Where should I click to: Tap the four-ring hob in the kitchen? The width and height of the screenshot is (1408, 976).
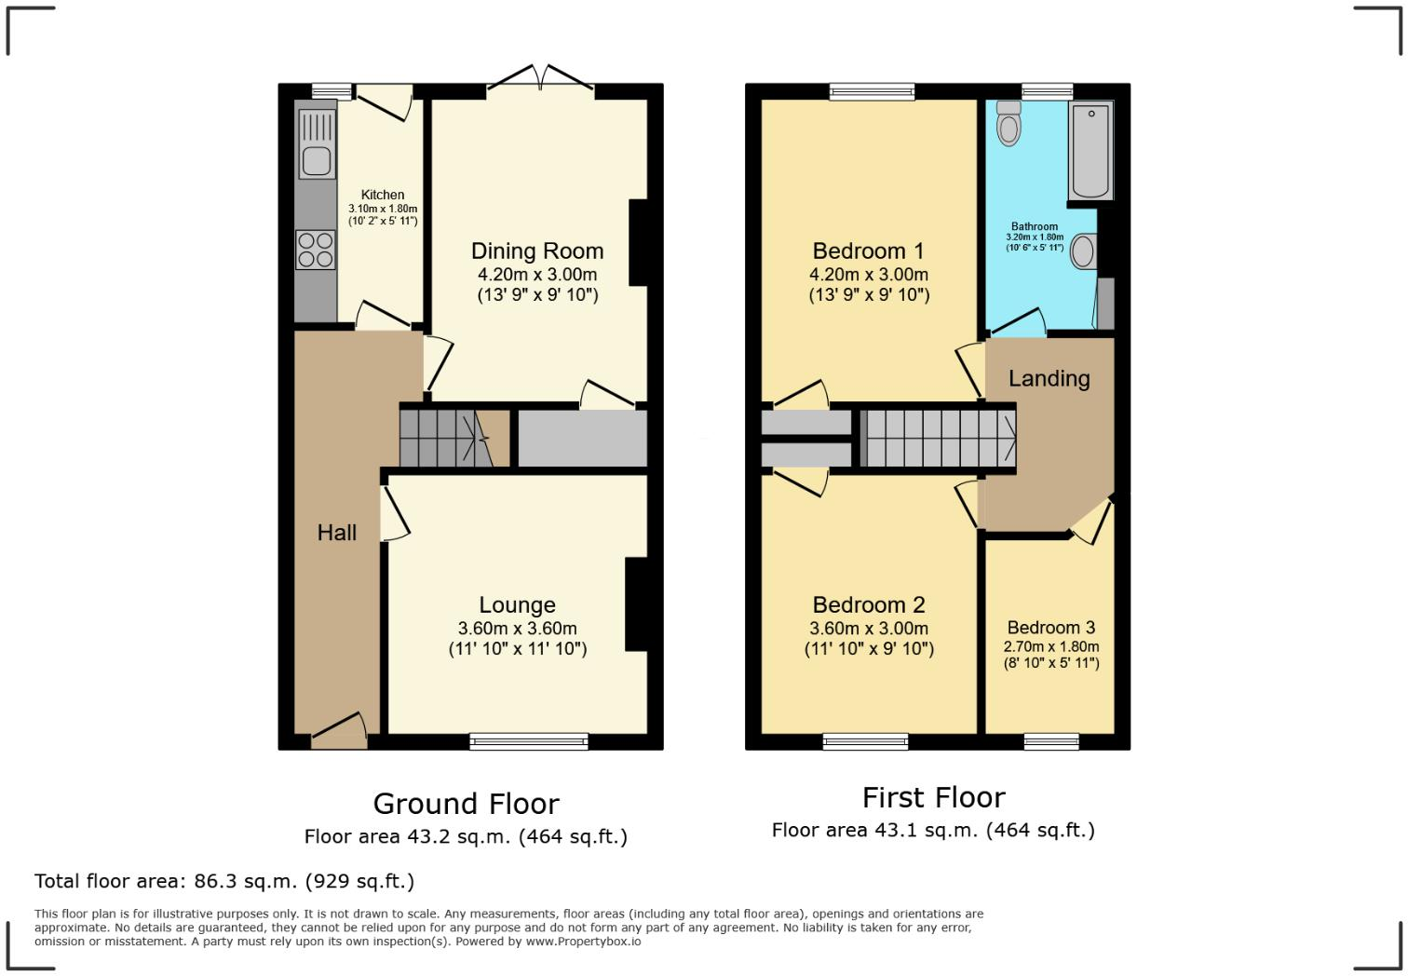pyautogui.click(x=316, y=250)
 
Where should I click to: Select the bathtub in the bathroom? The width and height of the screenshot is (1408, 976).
pyautogui.click(x=1090, y=151)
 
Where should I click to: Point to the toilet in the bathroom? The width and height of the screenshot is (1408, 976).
pyautogui.click(x=1009, y=124)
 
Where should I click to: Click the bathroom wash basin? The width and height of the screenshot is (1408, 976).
pyautogui.click(x=1083, y=251)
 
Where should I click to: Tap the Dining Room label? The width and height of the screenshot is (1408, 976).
pyautogui.click(x=537, y=251)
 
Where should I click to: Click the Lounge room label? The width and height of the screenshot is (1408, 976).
pyautogui.click(x=517, y=605)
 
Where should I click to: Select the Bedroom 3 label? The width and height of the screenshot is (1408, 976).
pyautogui.click(x=1050, y=628)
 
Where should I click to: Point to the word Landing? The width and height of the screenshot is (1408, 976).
pyautogui.click(x=1049, y=378)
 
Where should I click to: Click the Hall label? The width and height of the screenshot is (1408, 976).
pyautogui.click(x=336, y=533)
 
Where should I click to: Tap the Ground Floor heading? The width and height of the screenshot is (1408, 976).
pyautogui.click(x=466, y=804)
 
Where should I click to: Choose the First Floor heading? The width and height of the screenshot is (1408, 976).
pyautogui.click(x=933, y=797)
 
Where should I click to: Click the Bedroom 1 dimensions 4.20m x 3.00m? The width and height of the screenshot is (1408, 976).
pyautogui.click(x=869, y=275)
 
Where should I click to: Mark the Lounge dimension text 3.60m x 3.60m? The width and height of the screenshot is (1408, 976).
pyautogui.click(x=517, y=629)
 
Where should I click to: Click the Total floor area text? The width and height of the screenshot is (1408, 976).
pyautogui.click(x=224, y=881)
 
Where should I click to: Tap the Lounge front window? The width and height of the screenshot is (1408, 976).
pyautogui.click(x=529, y=741)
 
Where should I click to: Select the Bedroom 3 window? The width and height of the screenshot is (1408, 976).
pyautogui.click(x=1051, y=741)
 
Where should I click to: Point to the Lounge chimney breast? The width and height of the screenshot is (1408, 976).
pyautogui.click(x=636, y=603)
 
